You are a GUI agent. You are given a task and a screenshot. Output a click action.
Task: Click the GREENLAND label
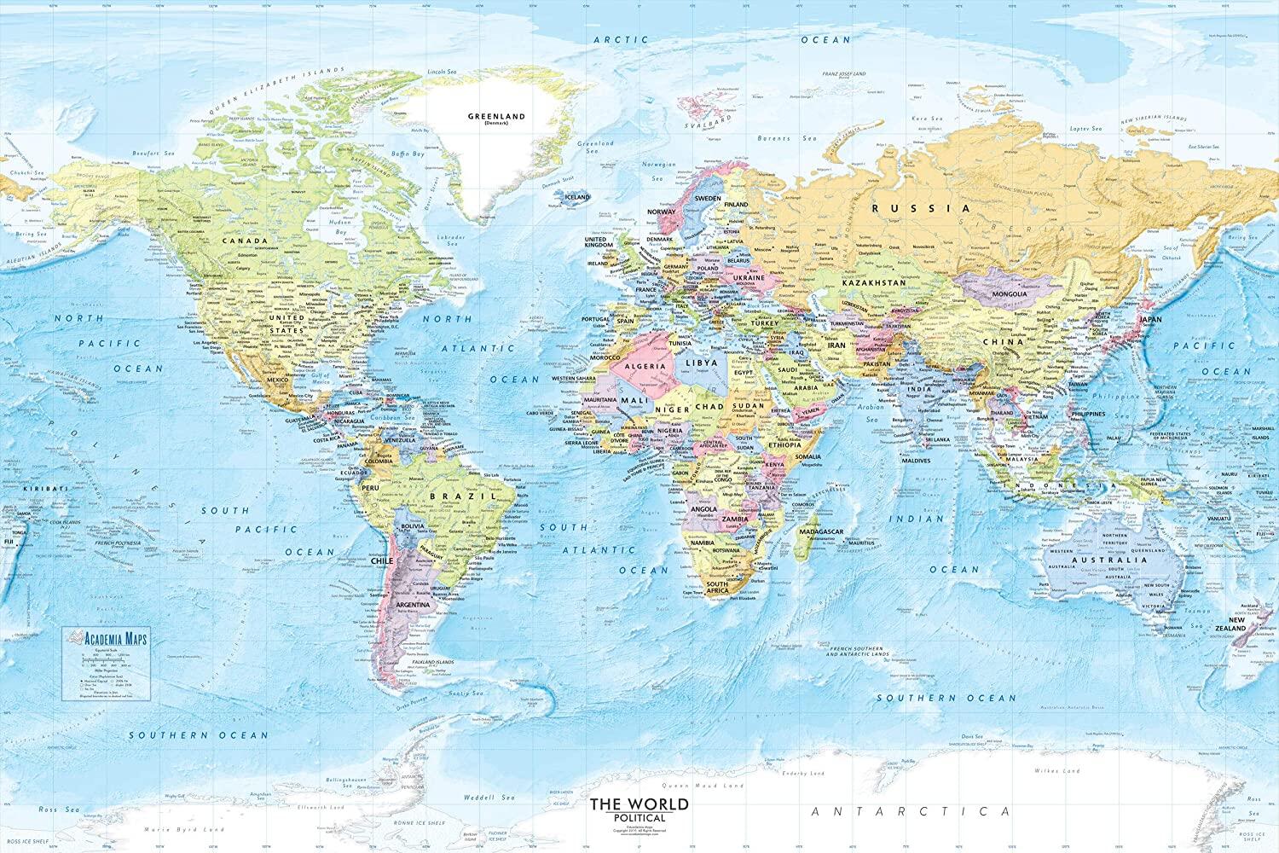tap(496, 116)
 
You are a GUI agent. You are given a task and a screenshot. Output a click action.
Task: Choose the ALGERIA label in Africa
tap(645, 365)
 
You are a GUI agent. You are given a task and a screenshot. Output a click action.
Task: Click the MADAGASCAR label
tap(822, 531)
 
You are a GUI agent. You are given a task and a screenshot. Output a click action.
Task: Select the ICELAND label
tap(577, 196)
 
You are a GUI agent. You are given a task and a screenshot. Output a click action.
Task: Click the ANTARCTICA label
tap(910, 811)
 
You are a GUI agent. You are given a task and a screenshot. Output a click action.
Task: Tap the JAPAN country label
tap(1151, 320)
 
